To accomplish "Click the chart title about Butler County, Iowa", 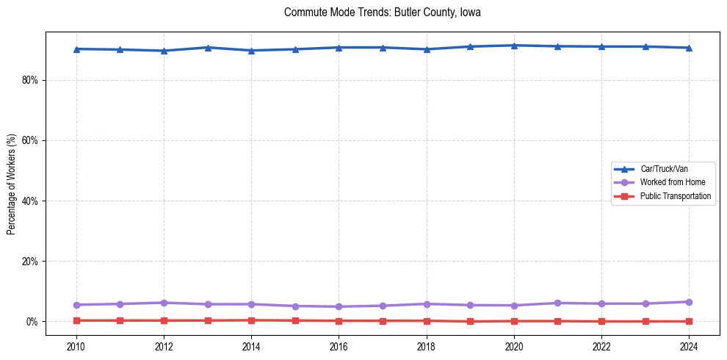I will coord(382,12).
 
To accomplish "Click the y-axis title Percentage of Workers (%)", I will coord(11,184).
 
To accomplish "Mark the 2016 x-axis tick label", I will coord(339,345).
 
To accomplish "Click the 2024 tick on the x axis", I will coord(689,345).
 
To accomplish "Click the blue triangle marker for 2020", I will coord(514,46).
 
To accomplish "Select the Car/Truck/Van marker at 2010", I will coord(76,49).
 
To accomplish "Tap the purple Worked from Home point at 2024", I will coord(689,302).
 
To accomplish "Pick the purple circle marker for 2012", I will coord(164,303).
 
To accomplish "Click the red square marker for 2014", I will coord(251,320).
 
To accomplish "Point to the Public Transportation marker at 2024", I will coord(689,321).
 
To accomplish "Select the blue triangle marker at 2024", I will coord(689,48).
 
